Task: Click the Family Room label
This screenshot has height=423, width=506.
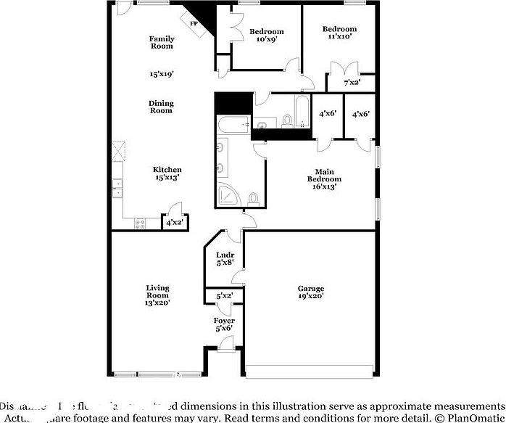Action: tap(161, 42)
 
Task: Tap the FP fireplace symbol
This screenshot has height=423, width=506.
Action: tap(194, 24)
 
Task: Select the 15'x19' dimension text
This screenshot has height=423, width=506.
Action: tap(161, 73)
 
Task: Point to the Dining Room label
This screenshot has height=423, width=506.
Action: tap(161, 107)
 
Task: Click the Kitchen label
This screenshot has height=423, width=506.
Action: tap(167, 170)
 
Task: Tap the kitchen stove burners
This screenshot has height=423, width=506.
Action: tap(140, 224)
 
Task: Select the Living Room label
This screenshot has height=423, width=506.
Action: tap(157, 292)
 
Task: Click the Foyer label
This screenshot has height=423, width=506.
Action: tap(224, 321)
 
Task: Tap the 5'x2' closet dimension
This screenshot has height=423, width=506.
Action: tap(225, 296)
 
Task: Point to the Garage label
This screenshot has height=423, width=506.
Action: tap(310, 288)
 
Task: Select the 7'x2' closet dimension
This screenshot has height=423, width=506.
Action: tap(352, 83)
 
